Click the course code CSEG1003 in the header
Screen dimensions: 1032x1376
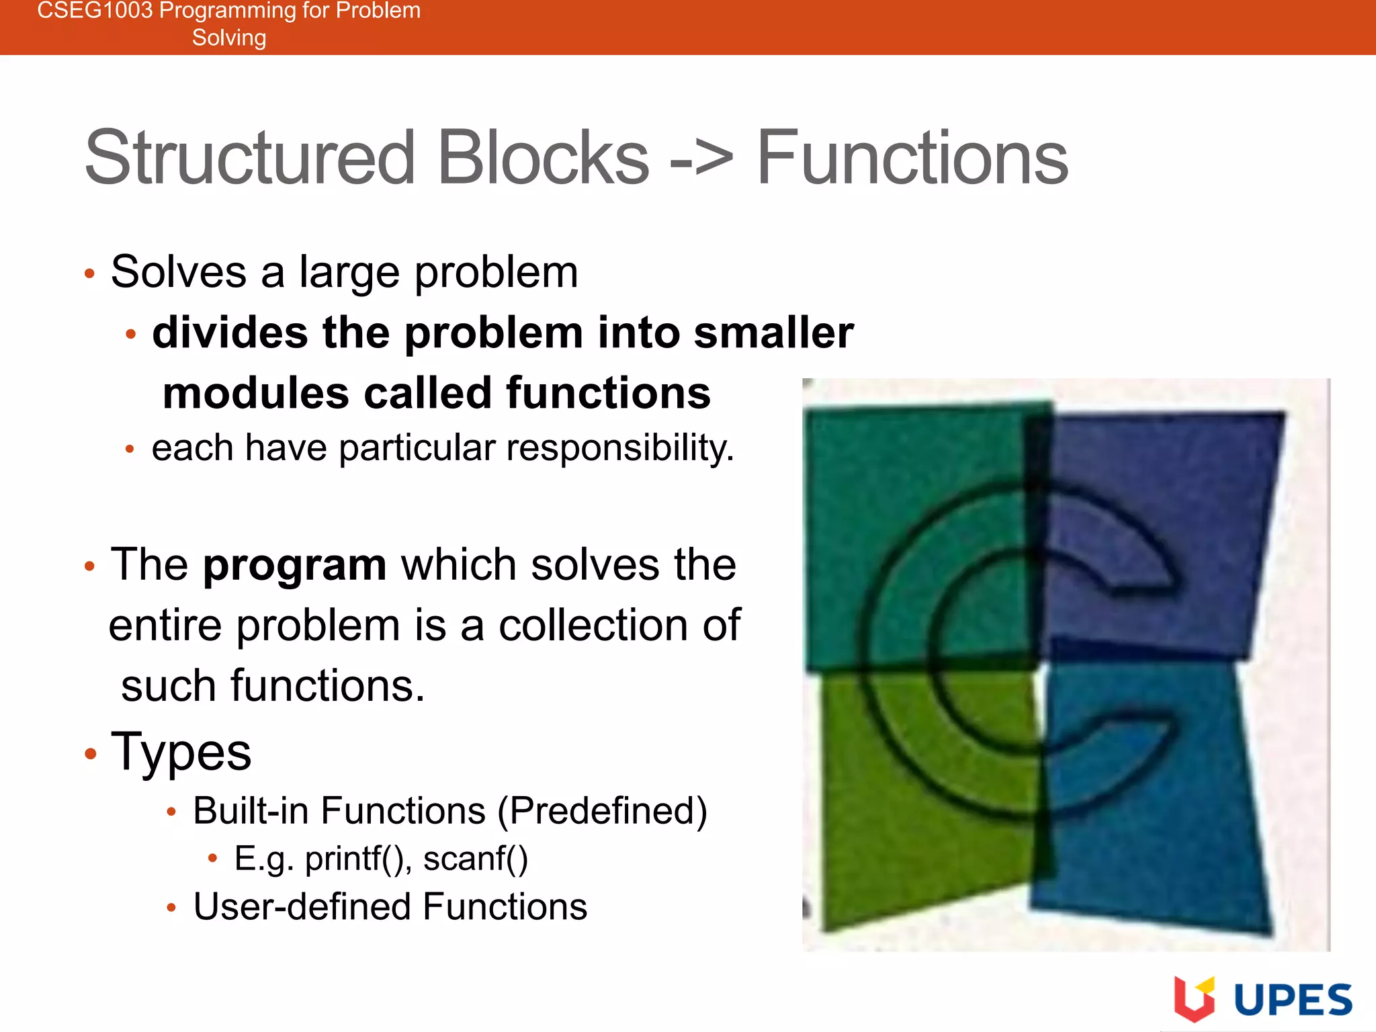tap(94, 11)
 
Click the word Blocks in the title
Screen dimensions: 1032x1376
tap(543, 159)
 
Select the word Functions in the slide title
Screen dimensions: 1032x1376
tap(912, 159)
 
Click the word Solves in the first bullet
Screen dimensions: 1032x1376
tap(179, 272)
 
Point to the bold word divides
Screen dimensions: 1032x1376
tap(230, 333)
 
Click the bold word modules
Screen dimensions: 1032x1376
tap(255, 393)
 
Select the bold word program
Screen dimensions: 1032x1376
tap(294, 565)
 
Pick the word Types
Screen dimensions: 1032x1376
tap(181, 752)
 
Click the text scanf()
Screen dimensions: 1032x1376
tap(476, 859)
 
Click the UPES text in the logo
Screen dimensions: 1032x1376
tap(1293, 1001)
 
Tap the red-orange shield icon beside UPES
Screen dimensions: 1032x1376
tap(1194, 998)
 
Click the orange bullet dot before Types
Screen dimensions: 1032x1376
tap(91, 754)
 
